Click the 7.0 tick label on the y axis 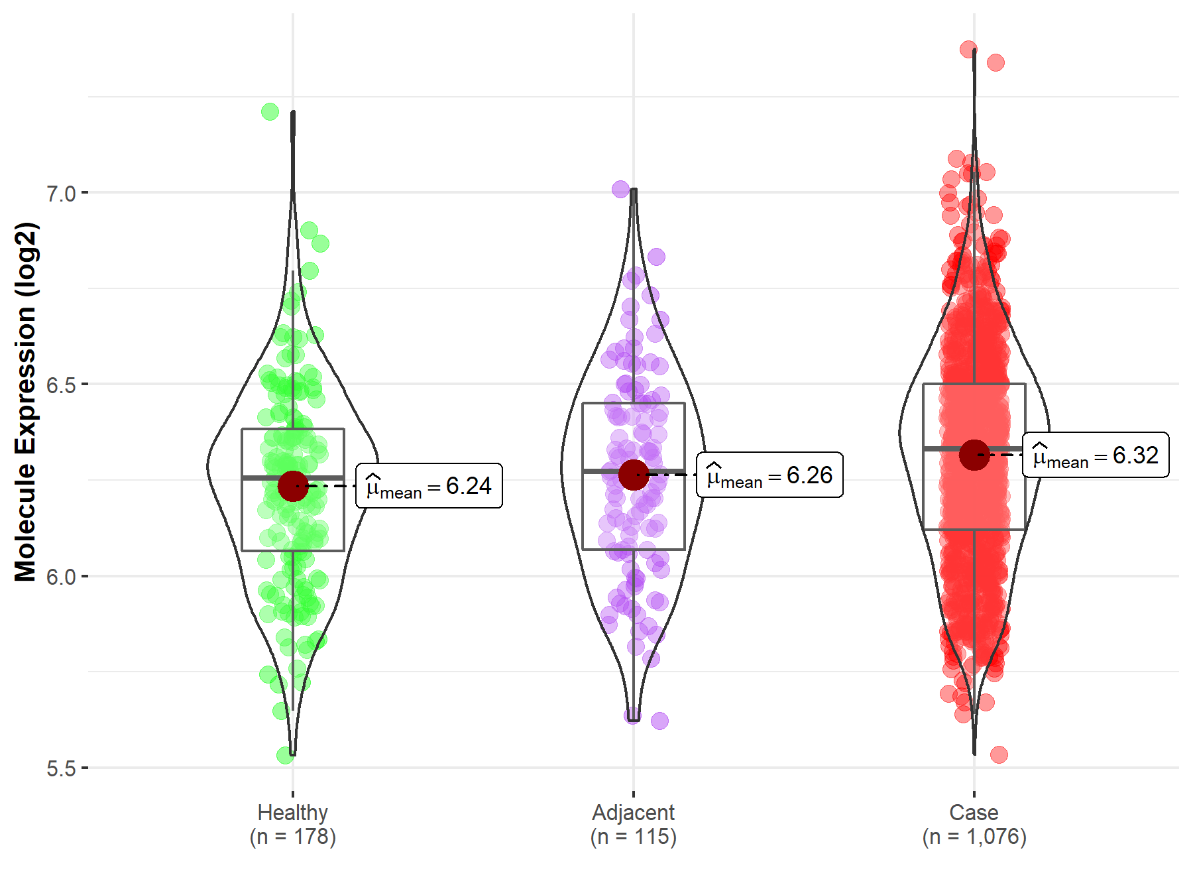(61, 194)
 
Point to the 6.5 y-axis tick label (61, 385)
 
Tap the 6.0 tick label (61, 577)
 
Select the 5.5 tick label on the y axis (61, 768)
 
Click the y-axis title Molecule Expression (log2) (25, 402)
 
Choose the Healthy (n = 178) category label (293, 824)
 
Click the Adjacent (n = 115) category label (634, 824)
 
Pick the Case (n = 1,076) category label (974, 824)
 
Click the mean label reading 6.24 (429, 486)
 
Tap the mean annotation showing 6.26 (770, 475)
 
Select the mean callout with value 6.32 (1096, 455)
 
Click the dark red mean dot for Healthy (293, 486)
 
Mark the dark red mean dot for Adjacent (634, 475)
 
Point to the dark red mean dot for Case (974, 455)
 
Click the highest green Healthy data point (270, 111)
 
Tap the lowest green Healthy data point (286, 755)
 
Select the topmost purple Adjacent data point (621, 190)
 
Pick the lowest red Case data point (999, 754)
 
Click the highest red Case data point (968, 49)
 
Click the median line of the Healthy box (265, 477)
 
